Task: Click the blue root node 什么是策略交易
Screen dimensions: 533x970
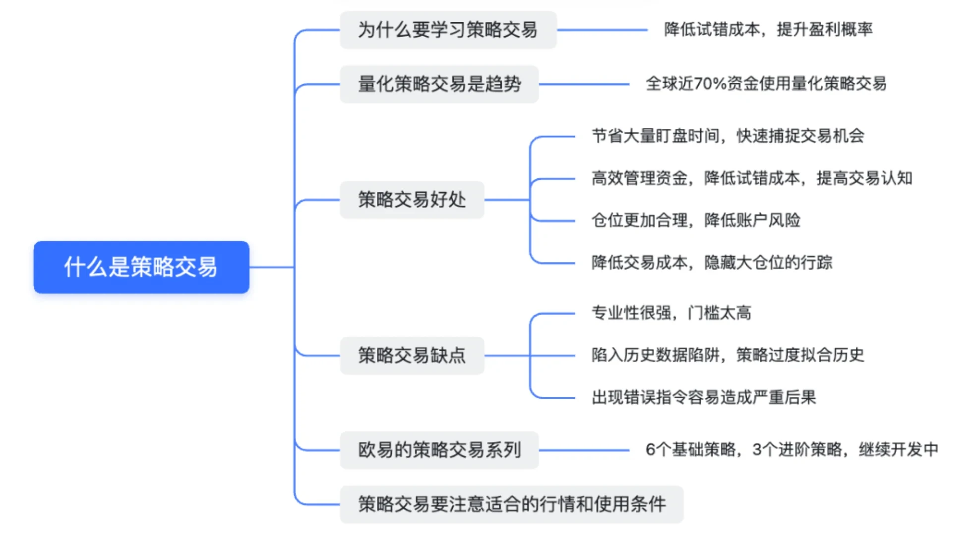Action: pyautogui.click(x=141, y=267)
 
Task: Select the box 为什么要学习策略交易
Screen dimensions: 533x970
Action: pyautogui.click(x=448, y=30)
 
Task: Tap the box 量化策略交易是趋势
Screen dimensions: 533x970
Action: pyautogui.click(x=439, y=84)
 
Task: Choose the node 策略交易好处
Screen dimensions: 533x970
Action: pyautogui.click(x=412, y=200)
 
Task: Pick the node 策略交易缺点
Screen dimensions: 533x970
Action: pyautogui.click(x=412, y=355)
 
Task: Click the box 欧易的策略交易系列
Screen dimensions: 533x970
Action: pyautogui.click(x=439, y=450)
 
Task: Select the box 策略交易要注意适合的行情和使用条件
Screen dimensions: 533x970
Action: pyautogui.click(x=511, y=504)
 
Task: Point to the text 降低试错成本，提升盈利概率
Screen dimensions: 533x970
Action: pyautogui.click(x=768, y=30)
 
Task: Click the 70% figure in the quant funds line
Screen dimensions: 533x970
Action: pyautogui.click(x=710, y=84)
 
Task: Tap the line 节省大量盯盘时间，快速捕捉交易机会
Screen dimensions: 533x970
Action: pyautogui.click(x=727, y=136)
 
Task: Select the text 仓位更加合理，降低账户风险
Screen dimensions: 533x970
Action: pyautogui.click(x=696, y=220)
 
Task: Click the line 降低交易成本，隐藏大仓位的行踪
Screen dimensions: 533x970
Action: pyautogui.click(x=712, y=263)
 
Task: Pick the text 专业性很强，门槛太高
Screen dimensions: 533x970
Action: pyautogui.click(x=671, y=313)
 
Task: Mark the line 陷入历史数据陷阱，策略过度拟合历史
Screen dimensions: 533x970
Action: pyautogui.click(x=727, y=355)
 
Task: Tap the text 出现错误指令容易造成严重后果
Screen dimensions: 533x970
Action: pyautogui.click(x=704, y=397)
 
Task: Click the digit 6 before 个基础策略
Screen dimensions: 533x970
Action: pyautogui.click(x=650, y=450)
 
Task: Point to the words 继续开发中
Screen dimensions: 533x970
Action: pyautogui.click(x=898, y=450)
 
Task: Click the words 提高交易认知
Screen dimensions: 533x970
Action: pyautogui.click(x=864, y=178)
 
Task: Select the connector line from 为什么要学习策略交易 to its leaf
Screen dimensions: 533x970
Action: pyautogui.click(x=602, y=30)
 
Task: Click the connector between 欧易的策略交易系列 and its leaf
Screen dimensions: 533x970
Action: pyautogui.click(x=584, y=450)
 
